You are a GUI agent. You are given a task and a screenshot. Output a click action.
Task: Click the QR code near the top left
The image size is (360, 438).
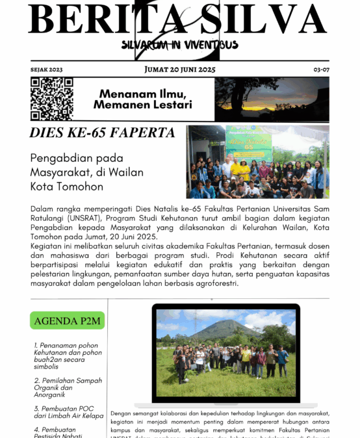click(x=51, y=99)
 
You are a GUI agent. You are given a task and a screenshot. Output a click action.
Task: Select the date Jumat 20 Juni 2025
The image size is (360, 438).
click(x=180, y=70)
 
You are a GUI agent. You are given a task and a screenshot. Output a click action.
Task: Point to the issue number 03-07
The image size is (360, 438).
click(x=321, y=70)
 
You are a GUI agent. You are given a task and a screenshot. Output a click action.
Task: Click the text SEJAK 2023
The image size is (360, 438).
click(x=46, y=70)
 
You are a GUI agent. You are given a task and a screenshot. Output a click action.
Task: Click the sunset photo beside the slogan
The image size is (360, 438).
click(x=272, y=99)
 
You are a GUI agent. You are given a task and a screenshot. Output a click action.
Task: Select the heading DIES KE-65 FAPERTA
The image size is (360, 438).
click(x=103, y=133)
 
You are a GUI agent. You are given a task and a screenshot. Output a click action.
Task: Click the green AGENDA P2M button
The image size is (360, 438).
click(x=68, y=321)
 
